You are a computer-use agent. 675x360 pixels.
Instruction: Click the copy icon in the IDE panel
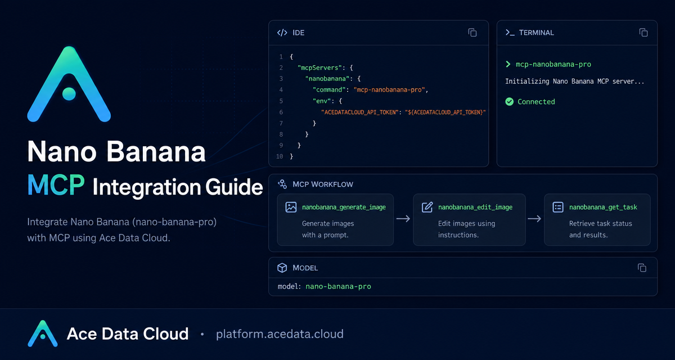point(472,33)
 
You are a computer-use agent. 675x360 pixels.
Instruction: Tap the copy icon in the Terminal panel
point(643,33)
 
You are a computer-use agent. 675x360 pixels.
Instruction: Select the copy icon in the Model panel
point(642,268)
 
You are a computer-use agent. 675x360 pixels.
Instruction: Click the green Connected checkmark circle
point(509,101)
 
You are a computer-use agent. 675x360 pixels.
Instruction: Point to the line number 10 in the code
point(280,156)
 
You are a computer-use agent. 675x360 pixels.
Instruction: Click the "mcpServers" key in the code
point(319,68)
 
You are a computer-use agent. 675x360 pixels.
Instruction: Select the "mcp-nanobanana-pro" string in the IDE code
point(389,90)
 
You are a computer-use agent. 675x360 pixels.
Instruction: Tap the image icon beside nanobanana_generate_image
point(291,207)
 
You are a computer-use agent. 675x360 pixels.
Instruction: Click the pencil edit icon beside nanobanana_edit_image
point(427,207)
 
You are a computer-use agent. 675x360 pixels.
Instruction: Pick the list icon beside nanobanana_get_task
point(558,207)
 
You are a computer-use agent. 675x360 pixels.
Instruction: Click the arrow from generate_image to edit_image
point(403,219)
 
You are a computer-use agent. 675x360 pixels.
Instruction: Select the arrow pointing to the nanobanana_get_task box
point(534,219)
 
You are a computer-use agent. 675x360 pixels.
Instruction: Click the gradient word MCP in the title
point(56,185)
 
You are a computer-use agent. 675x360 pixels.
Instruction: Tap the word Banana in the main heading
point(156,151)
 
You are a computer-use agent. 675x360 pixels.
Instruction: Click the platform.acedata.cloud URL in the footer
point(280,334)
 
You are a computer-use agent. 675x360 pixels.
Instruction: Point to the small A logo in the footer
point(43,334)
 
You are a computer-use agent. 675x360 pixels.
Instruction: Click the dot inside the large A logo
point(69,94)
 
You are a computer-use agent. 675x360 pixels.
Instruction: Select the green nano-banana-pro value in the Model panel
point(338,286)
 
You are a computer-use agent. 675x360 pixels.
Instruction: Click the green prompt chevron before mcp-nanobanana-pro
point(508,64)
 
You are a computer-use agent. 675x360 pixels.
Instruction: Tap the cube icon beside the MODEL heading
point(282,268)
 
